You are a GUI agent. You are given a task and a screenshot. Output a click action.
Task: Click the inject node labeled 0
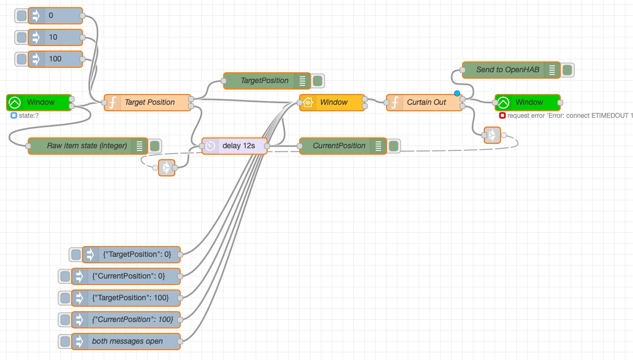coord(55,16)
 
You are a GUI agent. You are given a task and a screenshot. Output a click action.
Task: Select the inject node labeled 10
coord(55,37)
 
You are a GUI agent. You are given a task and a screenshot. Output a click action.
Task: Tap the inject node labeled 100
coord(55,59)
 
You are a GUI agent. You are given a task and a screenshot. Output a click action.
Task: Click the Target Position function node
coord(148,103)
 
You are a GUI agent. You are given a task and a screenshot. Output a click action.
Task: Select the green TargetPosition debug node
coord(267,81)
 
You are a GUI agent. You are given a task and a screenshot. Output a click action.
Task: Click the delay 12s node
coord(235,146)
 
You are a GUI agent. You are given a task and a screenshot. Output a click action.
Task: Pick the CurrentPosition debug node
coord(343,146)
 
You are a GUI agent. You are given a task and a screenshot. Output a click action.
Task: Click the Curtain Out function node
coord(425,103)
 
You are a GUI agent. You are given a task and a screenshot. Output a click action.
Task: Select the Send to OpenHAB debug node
coord(511,70)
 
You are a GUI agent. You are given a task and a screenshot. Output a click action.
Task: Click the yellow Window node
coord(332,103)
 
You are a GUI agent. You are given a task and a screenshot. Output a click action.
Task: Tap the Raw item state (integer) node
coord(87,146)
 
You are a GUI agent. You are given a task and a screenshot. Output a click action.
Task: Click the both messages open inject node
coord(126,342)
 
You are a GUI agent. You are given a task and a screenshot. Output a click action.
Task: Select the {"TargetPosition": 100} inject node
coord(126,298)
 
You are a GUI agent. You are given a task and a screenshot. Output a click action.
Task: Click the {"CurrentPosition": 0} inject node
coord(126,276)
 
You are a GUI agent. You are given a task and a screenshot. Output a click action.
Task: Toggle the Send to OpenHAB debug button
coord(567,70)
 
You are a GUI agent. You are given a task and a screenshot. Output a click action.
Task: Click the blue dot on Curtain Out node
coord(457,93)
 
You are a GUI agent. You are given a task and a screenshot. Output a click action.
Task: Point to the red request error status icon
coord(502,116)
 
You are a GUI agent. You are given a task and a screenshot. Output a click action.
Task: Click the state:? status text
coord(29,116)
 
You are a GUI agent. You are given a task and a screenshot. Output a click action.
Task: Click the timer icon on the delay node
coord(210,146)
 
